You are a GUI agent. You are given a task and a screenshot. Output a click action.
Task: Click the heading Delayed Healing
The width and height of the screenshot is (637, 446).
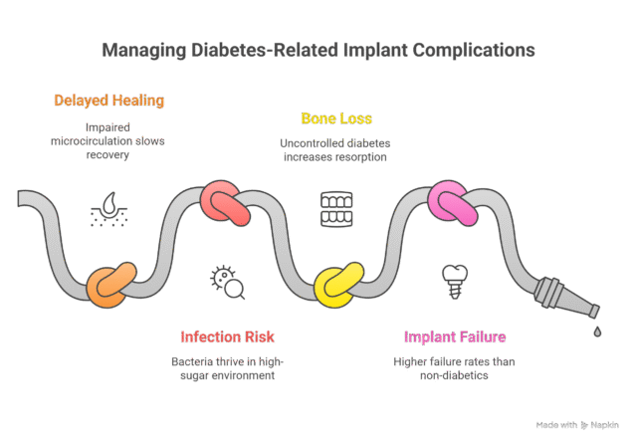pos(108,101)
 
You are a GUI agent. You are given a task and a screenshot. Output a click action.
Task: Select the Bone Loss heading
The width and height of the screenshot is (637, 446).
pos(336,118)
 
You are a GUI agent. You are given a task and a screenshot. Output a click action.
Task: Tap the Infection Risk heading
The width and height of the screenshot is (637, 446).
pos(227,336)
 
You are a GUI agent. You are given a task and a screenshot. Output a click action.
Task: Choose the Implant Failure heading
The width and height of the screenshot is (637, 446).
pos(455,336)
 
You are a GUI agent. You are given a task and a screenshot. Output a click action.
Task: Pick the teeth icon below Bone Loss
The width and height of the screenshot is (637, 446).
pos(336,209)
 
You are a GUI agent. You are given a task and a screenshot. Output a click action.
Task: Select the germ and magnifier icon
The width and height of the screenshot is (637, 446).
pos(227,281)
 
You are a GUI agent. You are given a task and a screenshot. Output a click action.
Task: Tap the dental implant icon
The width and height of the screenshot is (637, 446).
pos(455,281)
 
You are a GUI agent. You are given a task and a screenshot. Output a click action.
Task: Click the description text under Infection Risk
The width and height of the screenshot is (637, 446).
pos(227,368)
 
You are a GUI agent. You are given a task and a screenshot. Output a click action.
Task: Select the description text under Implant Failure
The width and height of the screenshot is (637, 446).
pos(455,368)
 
